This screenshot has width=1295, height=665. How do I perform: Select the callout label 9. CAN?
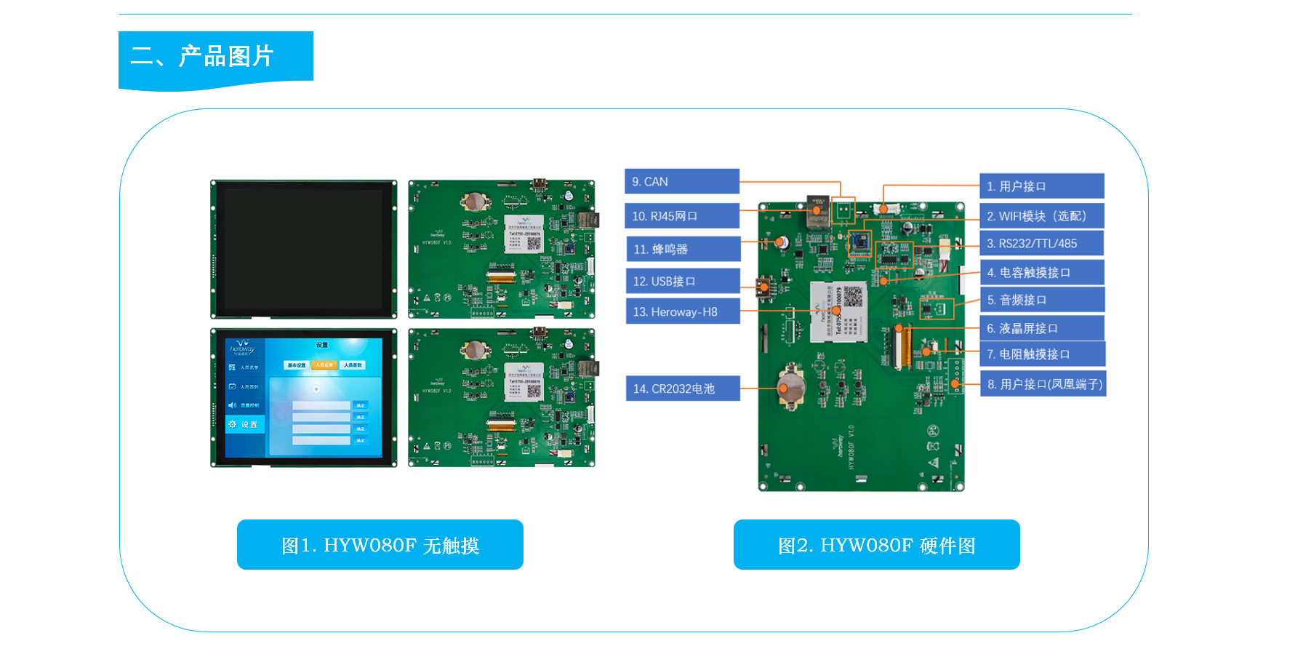[681, 182]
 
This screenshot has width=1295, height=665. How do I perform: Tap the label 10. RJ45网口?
[681, 216]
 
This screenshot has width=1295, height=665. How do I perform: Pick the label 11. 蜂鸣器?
[682, 249]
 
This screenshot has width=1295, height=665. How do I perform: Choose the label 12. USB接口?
[682, 281]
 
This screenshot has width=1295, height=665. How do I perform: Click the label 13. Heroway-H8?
[682, 311]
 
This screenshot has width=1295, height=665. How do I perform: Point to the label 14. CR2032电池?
[682, 389]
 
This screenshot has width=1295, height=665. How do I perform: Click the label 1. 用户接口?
[1041, 186]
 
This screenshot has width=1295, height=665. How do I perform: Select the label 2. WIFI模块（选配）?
[1041, 216]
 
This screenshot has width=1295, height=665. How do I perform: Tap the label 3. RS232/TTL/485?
[1041, 244]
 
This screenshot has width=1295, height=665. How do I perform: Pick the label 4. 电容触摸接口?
[1041, 272]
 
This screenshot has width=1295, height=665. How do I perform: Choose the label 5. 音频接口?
[1041, 300]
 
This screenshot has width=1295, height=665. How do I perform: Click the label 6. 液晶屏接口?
[1041, 328]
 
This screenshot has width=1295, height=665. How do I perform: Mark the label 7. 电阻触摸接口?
[1042, 354]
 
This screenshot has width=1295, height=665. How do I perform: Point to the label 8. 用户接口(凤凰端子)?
[1043, 383]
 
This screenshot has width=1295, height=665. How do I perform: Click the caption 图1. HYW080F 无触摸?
[380, 545]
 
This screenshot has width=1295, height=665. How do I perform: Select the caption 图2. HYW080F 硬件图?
[876, 545]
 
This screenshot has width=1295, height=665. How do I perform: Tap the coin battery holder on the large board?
[790, 385]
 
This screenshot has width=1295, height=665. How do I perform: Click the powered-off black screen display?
[304, 249]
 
